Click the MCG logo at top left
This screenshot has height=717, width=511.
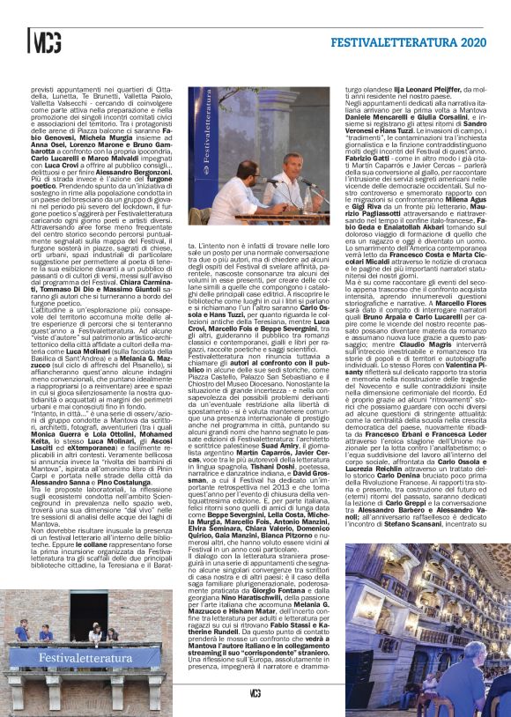pyautogui.click(x=45, y=41)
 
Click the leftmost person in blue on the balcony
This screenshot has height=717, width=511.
pyautogui.click(x=21, y=631)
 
